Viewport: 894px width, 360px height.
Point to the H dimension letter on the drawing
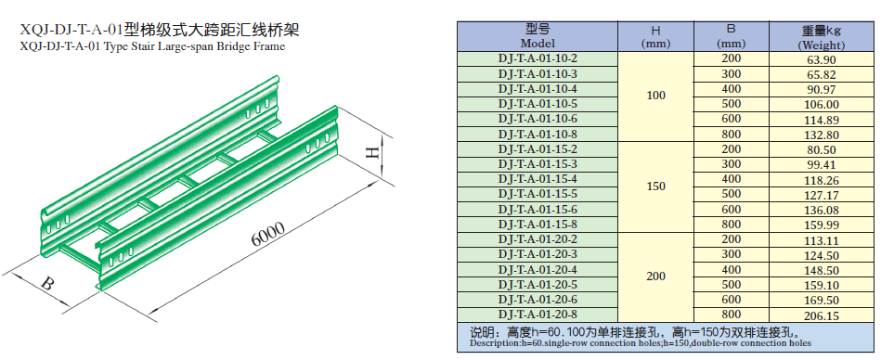(x=372, y=154)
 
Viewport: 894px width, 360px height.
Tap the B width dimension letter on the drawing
(x=48, y=283)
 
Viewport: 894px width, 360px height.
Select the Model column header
(x=538, y=36)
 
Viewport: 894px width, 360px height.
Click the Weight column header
(x=821, y=37)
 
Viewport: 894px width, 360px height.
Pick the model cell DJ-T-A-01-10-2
(x=538, y=59)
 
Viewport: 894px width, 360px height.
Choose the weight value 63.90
(x=821, y=59)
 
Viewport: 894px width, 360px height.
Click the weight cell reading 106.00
(x=821, y=105)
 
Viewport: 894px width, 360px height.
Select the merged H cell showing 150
(x=655, y=186)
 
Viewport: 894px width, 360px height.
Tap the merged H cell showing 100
(x=655, y=96)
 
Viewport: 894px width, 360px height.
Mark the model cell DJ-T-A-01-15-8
(x=538, y=224)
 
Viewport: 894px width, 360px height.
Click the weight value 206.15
(x=821, y=315)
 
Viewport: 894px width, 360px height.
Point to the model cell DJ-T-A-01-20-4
(x=538, y=269)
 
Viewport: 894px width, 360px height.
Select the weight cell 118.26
(x=821, y=179)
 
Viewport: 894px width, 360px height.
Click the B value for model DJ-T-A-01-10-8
(x=731, y=135)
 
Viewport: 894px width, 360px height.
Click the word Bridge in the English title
(x=232, y=47)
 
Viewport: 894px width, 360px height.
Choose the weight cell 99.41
(x=821, y=164)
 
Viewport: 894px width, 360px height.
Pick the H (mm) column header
(x=655, y=37)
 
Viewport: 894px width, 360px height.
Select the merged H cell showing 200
(x=655, y=276)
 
